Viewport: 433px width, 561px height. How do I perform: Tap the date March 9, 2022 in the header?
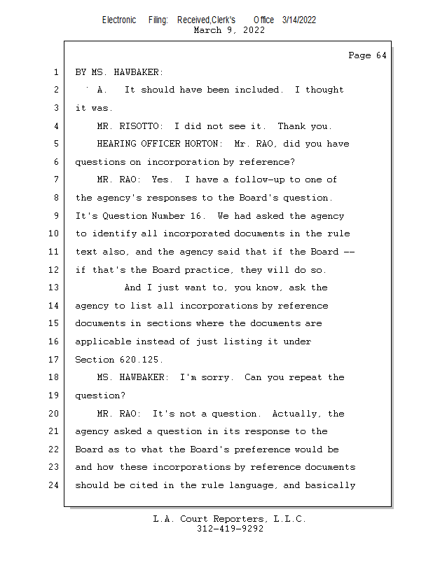pos(229,30)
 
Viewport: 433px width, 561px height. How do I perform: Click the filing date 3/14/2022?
pos(299,20)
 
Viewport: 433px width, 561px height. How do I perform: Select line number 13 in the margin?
pos(55,288)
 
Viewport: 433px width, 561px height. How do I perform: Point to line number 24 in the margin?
pos(55,485)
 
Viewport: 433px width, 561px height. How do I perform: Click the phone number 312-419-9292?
pos(230,529)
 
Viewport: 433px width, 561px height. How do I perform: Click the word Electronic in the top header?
pos(119,20)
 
